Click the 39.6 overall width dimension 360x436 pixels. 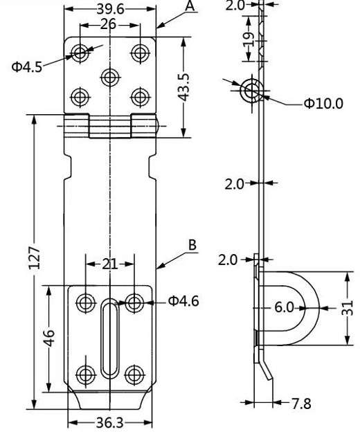click(x=110, y=8)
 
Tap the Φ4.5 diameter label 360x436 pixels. click(x=26, y=66)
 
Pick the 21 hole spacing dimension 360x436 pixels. click(x=109, y=263)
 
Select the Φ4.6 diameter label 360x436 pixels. click(x=183, y=301)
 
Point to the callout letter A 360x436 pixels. click(x=190, y=6)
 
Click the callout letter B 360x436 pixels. click(x=192, y=246)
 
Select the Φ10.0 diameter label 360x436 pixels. click(x=323, y=104)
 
